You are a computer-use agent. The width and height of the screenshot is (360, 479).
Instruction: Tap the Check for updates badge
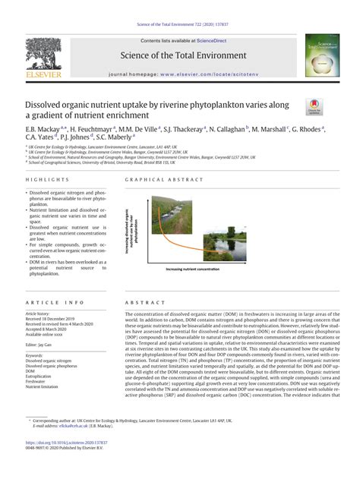coord(314,109)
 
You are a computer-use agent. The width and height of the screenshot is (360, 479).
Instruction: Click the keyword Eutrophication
coord(40,375)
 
